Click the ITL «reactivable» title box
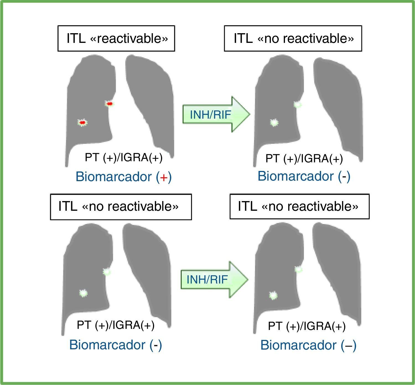116,38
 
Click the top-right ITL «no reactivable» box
293,38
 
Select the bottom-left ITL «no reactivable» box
121,207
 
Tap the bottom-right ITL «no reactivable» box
299,207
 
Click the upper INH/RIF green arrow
216,114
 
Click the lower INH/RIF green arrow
214,280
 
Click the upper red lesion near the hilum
110,104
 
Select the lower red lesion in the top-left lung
82,122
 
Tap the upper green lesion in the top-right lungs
298,105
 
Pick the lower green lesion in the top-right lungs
274,123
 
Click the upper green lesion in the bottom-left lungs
107,272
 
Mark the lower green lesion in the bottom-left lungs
83,293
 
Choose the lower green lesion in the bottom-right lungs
273,295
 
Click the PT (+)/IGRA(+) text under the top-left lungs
123,157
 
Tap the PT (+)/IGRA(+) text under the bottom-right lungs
307,326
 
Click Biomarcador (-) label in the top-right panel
304,176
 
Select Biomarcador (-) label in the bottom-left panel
115,345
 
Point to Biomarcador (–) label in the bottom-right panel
308,345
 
